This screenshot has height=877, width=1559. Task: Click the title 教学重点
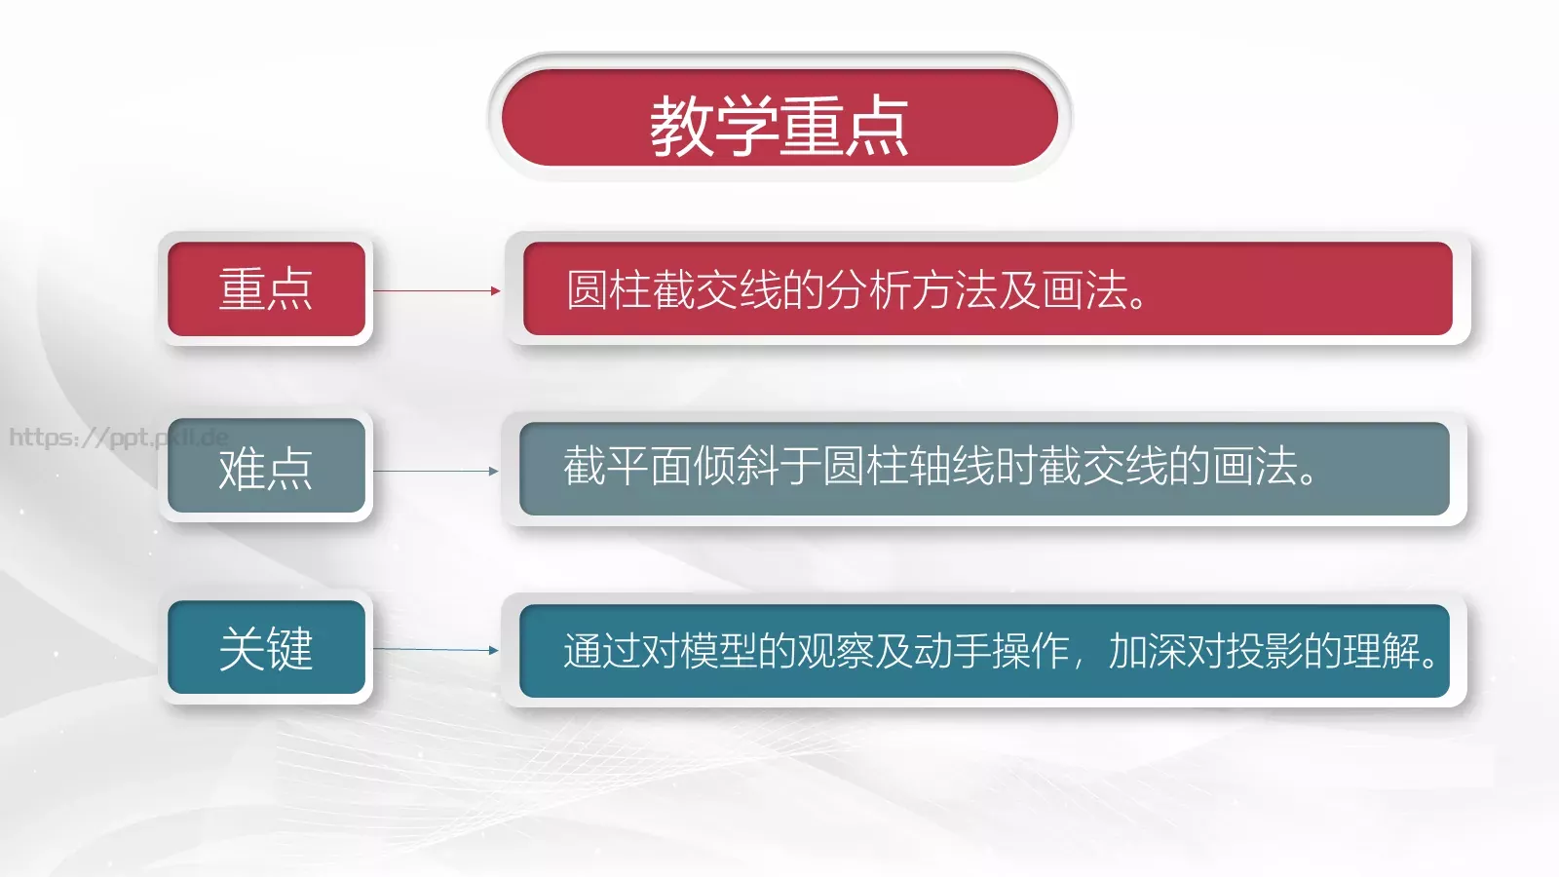pos(779,125)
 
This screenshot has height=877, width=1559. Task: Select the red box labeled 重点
pos(266,289)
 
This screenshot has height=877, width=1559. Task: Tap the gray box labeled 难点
pos(266,469)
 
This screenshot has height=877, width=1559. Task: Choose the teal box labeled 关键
pos(266,648)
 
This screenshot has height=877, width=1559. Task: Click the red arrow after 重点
pos(437,290)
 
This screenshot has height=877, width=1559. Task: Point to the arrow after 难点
pos(437,471)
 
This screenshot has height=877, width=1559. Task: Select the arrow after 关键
pos(437,649)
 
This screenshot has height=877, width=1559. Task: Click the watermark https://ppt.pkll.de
pos(117,437)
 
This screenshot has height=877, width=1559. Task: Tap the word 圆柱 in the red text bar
pos(609,289)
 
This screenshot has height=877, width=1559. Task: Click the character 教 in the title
pos(682,125)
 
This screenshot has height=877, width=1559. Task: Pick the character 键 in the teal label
pos(290,648)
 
